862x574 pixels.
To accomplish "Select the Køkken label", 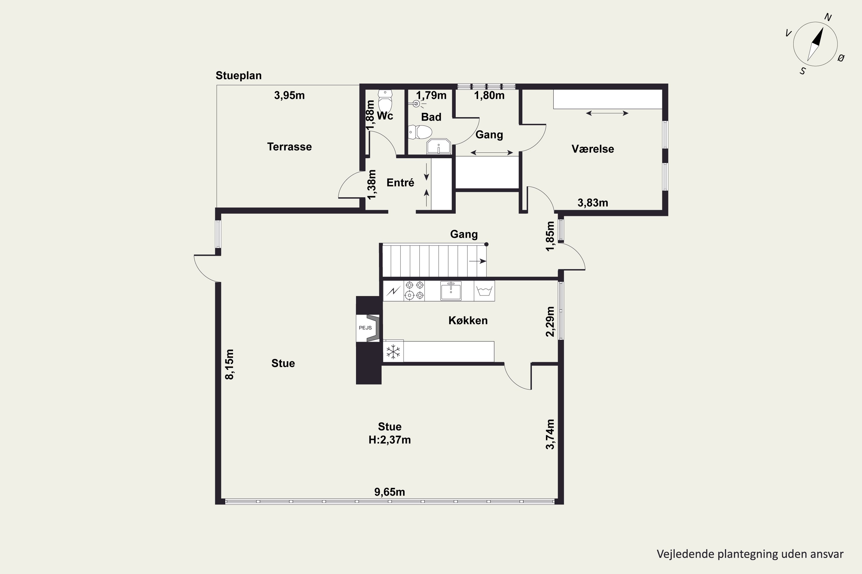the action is click(468, 320).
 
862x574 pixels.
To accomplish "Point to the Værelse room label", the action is click(592, 149).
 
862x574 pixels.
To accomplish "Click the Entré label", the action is click(400, 182).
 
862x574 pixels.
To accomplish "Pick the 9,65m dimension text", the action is click(390, 492).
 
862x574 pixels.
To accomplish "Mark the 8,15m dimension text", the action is click(229, 364).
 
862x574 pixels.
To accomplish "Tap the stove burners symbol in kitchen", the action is click(414, 291).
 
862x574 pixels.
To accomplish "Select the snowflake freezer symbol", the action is click(393, 351).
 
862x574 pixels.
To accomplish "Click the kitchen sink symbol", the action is click(451, 291).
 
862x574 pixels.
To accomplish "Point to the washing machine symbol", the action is click(484, 291).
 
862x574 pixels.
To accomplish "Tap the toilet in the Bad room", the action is click(420, 132).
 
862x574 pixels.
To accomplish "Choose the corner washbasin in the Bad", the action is click(438, 146).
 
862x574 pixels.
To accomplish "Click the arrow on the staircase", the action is click(478, 261).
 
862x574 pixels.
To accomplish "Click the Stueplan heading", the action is click(238, 76).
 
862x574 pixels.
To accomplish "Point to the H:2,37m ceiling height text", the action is click(390, 440).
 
